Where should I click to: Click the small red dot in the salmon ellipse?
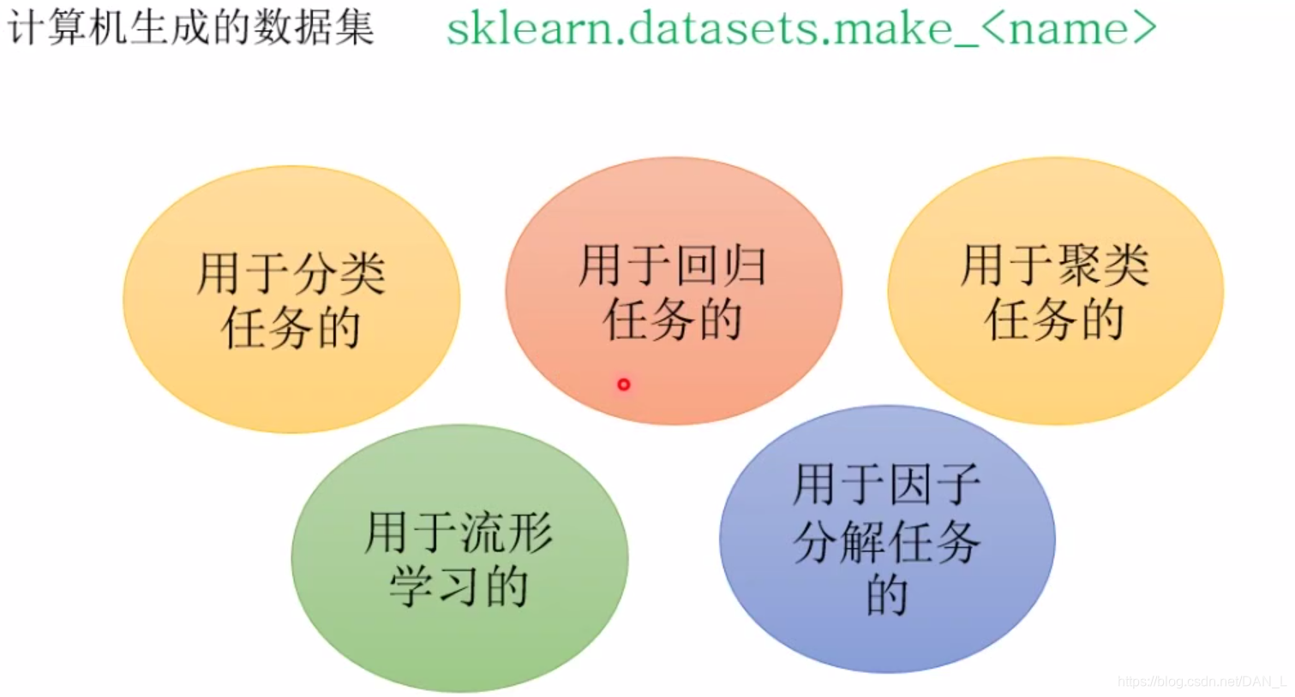623,384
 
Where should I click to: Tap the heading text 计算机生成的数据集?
190,27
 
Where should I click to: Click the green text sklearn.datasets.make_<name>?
800,28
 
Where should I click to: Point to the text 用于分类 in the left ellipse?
291,273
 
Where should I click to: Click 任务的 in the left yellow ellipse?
291,328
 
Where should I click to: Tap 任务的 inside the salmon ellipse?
673,320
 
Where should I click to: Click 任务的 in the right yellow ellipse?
1055,320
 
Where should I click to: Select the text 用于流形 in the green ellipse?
459,532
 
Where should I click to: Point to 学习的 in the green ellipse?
459,587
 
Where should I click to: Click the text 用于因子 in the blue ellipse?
887,485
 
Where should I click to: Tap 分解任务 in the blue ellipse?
887,541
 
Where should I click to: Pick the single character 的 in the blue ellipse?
887,595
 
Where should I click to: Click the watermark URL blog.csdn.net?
1200,682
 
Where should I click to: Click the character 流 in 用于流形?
483,532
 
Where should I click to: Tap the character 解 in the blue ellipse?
865,541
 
